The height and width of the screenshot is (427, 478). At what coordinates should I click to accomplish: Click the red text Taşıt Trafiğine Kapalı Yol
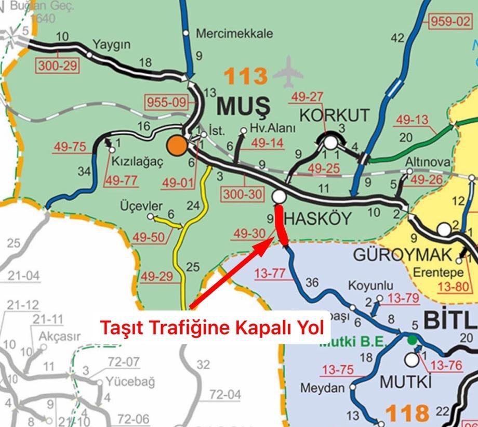pyautogui.click(x=212, y=328)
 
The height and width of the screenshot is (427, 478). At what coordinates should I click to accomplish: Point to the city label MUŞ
pyautogui.click(x=243, y=106)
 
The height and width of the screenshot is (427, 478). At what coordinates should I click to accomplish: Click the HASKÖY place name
pyautogui.click(x=318, y=218)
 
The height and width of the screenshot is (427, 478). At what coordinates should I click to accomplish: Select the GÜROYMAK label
pyautogui.click(x=403, y=255)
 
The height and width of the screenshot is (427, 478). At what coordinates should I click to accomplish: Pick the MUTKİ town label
pyautogui.click(x=406, y=382)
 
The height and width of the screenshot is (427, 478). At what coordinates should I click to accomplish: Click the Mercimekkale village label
pyautogui.click(x=234, y=34)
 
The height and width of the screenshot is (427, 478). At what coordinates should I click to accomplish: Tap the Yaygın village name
pyautogui.click(x=112, y=44)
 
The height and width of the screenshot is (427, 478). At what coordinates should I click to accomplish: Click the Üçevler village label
pyautogui.click(x=141, y=206)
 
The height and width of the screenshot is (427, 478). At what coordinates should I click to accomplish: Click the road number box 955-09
pyautogui.click(x=166, y=102)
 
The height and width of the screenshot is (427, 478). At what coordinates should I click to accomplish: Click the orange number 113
pyautogui.click(x=245, y=76)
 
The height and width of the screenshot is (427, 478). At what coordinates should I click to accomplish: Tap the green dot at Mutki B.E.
pyautogui.click(x=412, y=340)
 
